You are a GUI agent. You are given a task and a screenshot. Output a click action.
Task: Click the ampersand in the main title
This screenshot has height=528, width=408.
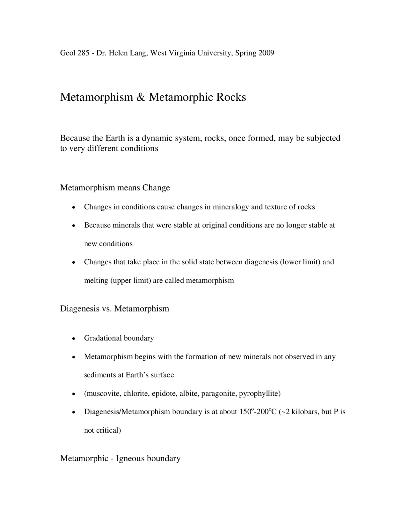[141, 97]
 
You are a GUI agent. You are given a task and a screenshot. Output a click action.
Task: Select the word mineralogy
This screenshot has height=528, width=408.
[231, 207]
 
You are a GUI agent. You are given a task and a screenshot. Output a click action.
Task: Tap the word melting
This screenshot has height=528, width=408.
[96, 281]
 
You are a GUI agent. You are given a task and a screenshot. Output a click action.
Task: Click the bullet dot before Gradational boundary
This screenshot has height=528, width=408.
[74, 339]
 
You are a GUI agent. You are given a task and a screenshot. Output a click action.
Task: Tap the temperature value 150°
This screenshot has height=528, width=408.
[246, 412]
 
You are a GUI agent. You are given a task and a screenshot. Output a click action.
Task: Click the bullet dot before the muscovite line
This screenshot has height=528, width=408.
[74, 394]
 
